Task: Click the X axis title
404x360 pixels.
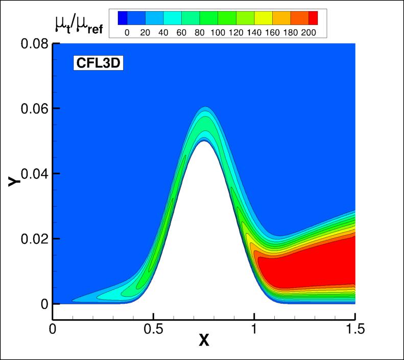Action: pyautogui.click(x=204, y=340)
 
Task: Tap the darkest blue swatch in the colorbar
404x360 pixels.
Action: pyautogui.click(x=122, y=18)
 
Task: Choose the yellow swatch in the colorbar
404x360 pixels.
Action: pyautogui.click(x=263, y=18)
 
